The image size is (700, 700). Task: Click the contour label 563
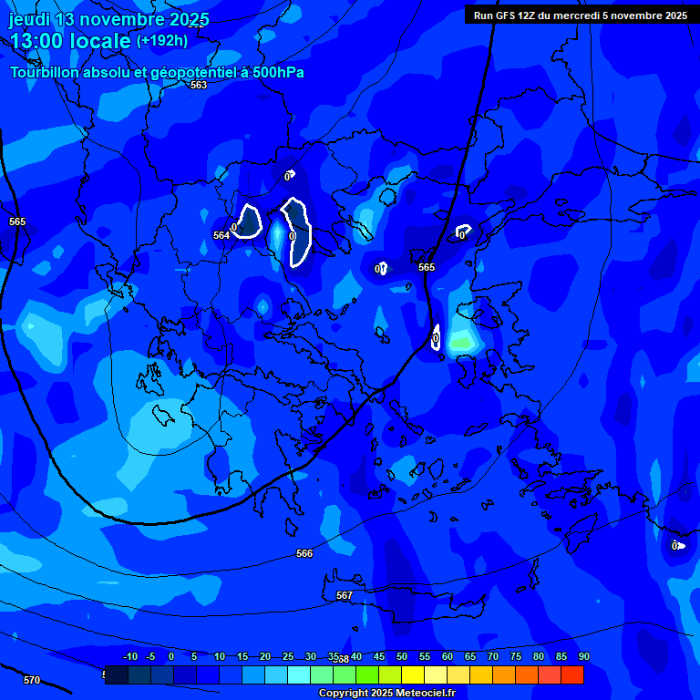click(x=199, y=85)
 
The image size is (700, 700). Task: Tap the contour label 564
click(x=221, y=235)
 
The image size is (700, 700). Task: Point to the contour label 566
click(x=304, y=553)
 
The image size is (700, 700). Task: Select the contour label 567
click(x=344, y=595)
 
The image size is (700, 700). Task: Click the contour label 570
click(x=32, y=680)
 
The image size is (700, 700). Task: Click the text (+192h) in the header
click(x=162, y=40)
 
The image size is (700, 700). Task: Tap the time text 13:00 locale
click(x=70, y=41)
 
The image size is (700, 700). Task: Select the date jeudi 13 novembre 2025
click(x=108, y=19)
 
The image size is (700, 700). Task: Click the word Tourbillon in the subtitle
click(x=46, y=72)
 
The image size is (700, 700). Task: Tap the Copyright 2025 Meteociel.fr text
click(x=386, y=693)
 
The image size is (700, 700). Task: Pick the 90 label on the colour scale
click(x=583, y=656)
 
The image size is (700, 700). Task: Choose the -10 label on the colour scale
click(x=129, y=656)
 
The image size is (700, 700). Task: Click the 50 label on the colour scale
click(x=402, y=656)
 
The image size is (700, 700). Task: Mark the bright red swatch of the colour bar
click(x=571, y=674)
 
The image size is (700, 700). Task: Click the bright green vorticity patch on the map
click(x=463, y=343)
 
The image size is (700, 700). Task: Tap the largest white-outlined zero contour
click(x=297, y=232)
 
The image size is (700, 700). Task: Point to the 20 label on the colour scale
click(x=265, y=656)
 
